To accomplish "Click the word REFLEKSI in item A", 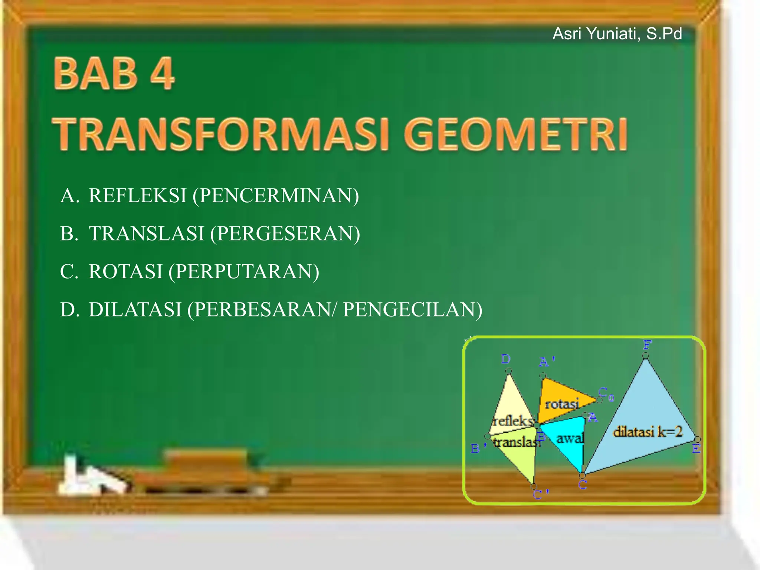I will coord(137,196).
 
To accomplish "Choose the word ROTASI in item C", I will coord(126,272).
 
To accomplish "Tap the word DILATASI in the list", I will coord(135,310).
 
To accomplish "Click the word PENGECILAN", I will coord(412,310).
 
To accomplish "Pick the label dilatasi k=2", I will coord(648,432).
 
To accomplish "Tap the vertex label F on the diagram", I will coord(647,345).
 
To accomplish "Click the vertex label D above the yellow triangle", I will coord(505,359).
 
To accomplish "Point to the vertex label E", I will coord(696,449).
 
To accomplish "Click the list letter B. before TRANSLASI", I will coord(69,234).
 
